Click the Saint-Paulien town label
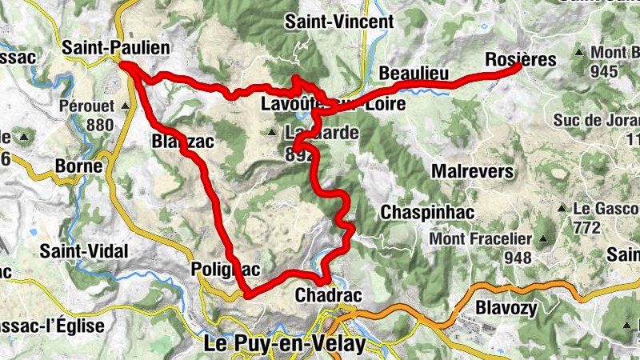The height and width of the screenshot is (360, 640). click(118, 49)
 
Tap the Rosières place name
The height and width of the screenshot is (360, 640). click(521, 59)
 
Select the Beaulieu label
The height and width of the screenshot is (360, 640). click(413, 74)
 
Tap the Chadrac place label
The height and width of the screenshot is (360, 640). click(328, 296)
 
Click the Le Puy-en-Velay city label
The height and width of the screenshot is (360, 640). click(285, 345)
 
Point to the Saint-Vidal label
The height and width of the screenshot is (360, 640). click(83, 251)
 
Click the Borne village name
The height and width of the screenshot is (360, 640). click(79, 166)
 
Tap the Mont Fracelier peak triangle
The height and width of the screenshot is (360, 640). click(544, 238)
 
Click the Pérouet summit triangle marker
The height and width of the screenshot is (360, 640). click(126, 106)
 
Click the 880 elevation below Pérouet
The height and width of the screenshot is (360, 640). click(100, 125)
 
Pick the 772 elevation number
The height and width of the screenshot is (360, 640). click(586, 227)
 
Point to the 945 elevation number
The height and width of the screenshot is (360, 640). click(605, 72)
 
